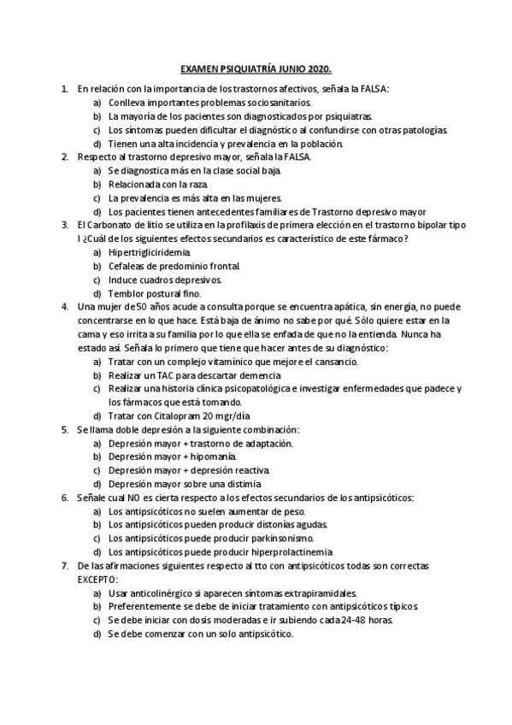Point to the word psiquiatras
click(344, 116)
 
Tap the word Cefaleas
click(128, 267)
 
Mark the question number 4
click(65, 306)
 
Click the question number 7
click(65, 565)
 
